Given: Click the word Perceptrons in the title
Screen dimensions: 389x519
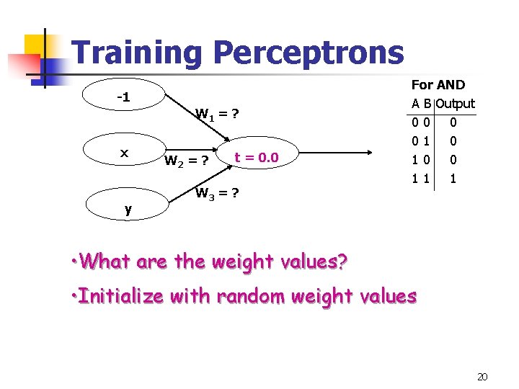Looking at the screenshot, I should click(309, 53).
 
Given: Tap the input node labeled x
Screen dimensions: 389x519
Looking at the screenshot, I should click(125, 153).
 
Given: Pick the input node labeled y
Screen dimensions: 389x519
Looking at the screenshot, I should click(128, 210).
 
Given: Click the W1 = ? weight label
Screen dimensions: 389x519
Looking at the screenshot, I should click(218, 114).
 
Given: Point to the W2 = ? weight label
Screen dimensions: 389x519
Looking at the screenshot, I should click(187, 160).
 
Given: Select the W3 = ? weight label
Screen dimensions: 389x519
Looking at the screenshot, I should click(218, 193).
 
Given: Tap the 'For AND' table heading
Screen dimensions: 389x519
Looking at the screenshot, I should click(438, 85).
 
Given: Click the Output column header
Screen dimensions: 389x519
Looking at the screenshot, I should click(456, 104).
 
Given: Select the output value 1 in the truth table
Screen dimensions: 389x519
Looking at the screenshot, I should click(453, 177).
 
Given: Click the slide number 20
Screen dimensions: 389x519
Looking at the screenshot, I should click(482, 376).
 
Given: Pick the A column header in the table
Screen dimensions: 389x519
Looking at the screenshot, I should click(416, 104).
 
